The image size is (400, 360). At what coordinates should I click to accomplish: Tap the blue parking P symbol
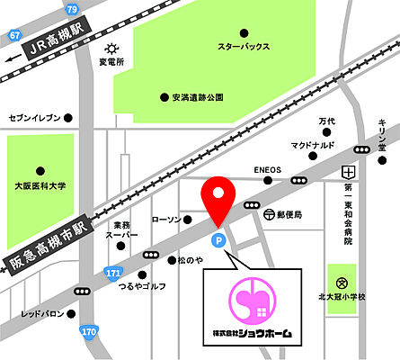[216, 240]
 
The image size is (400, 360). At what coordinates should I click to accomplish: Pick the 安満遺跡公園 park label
[199, 96]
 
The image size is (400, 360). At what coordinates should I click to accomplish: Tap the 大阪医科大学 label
[40, 185]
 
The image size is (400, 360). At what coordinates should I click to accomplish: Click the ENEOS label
[267, 169]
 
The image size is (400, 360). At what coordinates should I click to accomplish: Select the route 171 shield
[113, 271]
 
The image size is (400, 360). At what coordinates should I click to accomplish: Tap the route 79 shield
[72, 9]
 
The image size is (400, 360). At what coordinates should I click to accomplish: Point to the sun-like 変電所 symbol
[111, 48]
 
